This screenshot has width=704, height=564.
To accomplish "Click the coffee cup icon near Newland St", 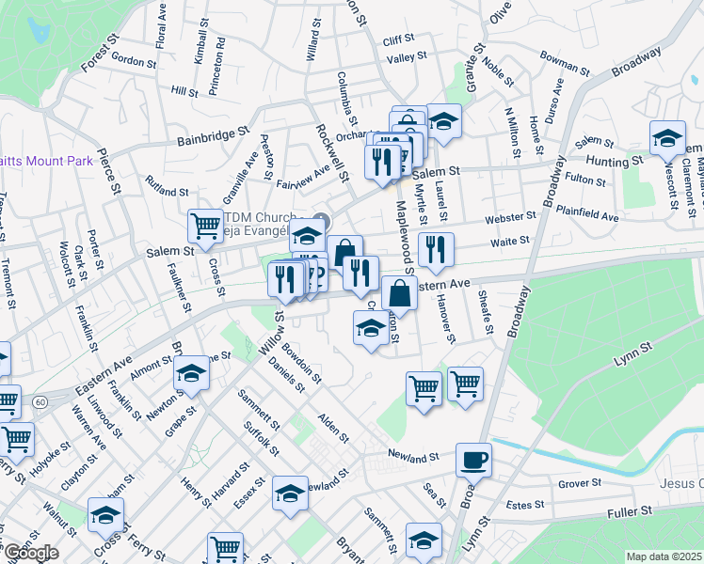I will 473,460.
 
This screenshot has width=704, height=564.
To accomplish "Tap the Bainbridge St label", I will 213,137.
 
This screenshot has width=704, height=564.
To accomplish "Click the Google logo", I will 31,553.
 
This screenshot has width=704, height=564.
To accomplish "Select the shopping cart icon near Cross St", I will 205,226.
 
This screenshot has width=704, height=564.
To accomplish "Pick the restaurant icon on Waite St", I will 436,249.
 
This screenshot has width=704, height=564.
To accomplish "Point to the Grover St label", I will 580,483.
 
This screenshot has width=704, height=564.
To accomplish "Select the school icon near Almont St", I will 191,374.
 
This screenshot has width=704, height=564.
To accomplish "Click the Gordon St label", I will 133,61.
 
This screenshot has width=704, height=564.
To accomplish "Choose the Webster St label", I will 510,218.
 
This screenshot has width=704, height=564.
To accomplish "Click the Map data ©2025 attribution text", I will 664,556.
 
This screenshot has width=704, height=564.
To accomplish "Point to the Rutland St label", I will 167,185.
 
